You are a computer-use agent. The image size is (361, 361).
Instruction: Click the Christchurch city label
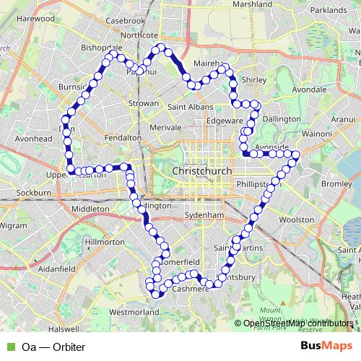[204, 171]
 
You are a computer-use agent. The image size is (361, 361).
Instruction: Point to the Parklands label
[329, 10]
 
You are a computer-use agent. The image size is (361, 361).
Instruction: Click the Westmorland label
[134, 313]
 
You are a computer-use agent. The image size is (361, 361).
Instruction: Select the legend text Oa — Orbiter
[53, 347]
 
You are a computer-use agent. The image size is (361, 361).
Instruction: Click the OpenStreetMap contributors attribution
[297, 323]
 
